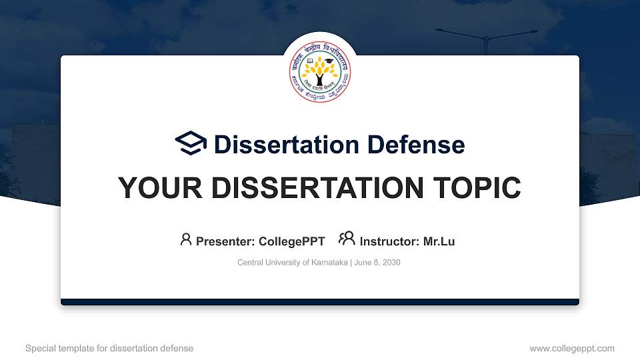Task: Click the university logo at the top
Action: coord(320,73)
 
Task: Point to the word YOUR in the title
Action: coord(156,188)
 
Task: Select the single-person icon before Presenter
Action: coord(186,239)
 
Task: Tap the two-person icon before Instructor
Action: coord(347,239)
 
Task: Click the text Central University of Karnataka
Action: coord(292,263)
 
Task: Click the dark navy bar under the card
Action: coord(320,302)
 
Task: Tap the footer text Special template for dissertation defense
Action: coord(109,348)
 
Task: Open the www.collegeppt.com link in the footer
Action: coord(571,348)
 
